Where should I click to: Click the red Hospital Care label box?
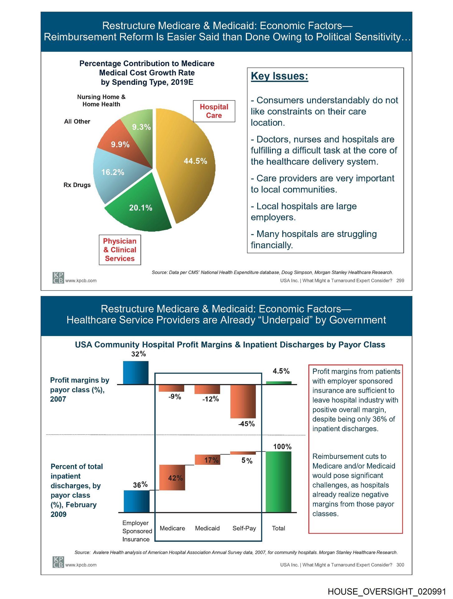[214, 111]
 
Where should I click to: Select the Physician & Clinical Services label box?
[120, 250]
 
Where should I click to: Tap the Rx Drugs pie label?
[77, 185]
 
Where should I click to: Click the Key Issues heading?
[279, 76]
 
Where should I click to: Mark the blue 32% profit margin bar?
[136, 373]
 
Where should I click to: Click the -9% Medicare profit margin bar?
[171, 388]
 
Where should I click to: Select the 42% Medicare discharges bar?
[172, 477]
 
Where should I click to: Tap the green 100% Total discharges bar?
[278, 482]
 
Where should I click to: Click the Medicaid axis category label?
[207, 528]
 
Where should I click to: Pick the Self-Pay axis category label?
[244, 528]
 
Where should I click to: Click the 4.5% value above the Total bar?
[281, 371]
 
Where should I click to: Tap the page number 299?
[400, 280]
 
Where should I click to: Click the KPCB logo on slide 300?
[58, 562]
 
